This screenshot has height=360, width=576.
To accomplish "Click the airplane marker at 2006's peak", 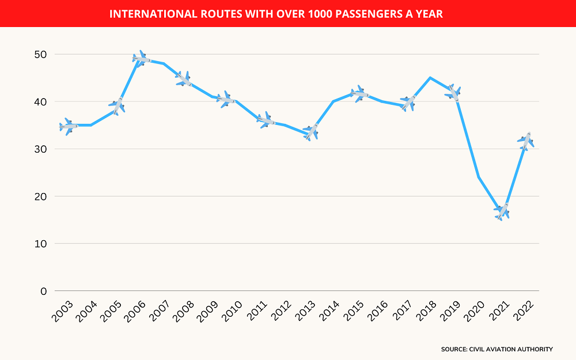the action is [x=142, y=59].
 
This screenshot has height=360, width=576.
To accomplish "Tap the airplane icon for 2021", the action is [x=502, y=211].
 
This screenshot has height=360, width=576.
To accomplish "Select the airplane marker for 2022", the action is [x=526, y=141].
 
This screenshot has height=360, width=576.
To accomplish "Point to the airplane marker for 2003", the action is [x=69, y=126].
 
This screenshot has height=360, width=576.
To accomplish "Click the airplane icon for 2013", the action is [x=311, y=132].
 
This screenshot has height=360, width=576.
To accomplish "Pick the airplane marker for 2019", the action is [x=453, y=93].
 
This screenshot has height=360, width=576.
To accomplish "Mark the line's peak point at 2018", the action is [x=430, y=78].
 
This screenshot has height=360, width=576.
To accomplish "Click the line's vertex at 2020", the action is [x=478, y=177].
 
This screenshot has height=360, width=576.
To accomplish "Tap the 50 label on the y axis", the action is [x=40, y=54].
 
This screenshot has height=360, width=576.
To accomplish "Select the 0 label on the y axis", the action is [x=44, y=291].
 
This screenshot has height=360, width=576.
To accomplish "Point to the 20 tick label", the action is [x=40, y=196].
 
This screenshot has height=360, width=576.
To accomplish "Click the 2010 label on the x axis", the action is [x=232, y=311].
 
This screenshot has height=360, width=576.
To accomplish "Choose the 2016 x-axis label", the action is [x=378, y=311].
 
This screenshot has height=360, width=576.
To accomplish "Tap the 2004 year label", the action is [x=87, y=311].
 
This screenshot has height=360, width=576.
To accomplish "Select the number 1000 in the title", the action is [x=320, y=14].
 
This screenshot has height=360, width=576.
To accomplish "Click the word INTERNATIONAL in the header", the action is [x=154, y=14].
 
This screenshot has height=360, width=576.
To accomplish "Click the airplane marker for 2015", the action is [x=359, y=94].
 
